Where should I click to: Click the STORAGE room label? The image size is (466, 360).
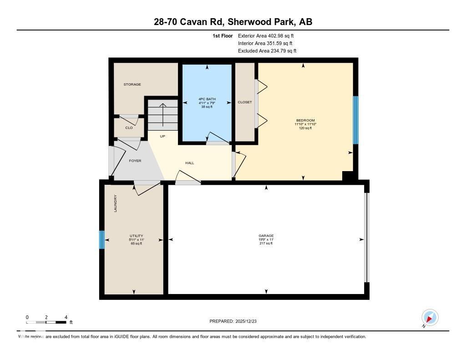pyautogui.click(x=132, y=84)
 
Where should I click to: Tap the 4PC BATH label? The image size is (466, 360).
pyautogui.click(x=207, y=99)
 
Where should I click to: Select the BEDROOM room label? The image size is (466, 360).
pyautogui.click(x=305, y=121)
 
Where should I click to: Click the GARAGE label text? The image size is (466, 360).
pyautogui.click(x=266, y=236)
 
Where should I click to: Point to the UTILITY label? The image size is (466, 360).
pyautogui.click(x=136, y=236)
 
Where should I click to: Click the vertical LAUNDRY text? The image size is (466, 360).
pyautogui.click(x=116, y=203)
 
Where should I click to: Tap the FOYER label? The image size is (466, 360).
pyautogui.click(x=135, y=161)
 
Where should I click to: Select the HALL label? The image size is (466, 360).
pyautogui.click(x=190, y=162)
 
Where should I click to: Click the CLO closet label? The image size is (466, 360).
pyautogui.click(x=129, y=127)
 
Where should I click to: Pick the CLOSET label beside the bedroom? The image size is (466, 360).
pyautogui.click(x=245, y=102)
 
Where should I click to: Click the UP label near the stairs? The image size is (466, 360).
pyautogui.click(x=162, y=136)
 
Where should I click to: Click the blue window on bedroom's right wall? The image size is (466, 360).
pyautogui.click(x=356, y=120)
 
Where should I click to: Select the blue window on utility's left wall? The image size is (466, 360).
pyautogui.click(x=102, y=240)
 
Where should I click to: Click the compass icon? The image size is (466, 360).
pyautogui.click(x=430, y=317)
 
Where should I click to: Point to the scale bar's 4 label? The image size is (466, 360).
pyautogui.click(x=66, y=317)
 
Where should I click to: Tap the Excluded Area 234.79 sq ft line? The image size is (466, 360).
pyautogui.click(x=267, y=51)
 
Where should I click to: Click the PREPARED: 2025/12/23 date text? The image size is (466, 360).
pyautogui.click(x=236, y=321)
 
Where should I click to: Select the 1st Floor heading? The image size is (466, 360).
pyautogui.click(x=223, y=35)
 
